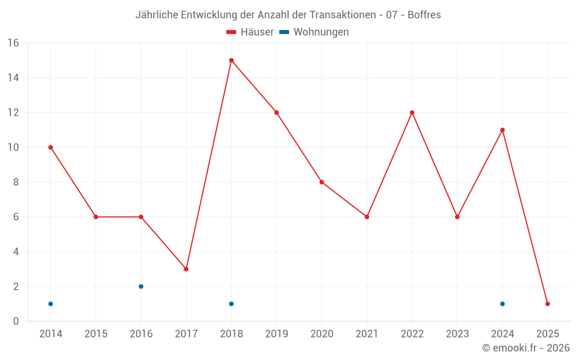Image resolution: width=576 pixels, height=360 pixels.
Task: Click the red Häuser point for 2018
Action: pos(231,60)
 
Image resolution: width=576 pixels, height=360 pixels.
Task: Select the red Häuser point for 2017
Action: pos(186,269)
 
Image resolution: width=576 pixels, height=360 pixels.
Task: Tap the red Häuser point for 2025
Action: pos(547,304)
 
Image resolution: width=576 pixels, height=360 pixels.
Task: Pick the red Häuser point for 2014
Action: pos(51,147)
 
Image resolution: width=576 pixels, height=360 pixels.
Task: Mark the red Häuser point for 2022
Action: pos(412,112)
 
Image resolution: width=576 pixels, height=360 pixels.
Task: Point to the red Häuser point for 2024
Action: pos(502,130)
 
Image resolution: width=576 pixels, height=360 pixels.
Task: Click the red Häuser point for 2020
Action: pos(321,182)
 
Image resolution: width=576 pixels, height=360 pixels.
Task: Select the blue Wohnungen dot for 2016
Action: pos(141,286)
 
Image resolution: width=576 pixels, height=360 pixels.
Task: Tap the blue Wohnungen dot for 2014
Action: pos(51,304)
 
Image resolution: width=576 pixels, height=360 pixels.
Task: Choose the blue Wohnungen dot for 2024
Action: pos(502,304)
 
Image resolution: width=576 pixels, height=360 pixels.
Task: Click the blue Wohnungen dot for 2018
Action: pos(231,304)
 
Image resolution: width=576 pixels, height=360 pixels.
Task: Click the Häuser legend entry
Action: pos(250,32)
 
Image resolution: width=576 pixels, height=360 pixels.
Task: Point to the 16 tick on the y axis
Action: pos(13,43)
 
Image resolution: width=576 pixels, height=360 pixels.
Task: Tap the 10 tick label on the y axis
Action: pos(13,147)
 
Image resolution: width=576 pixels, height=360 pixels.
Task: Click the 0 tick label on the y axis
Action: pos(16,321)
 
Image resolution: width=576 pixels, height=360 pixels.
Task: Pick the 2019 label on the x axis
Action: pos(276,334)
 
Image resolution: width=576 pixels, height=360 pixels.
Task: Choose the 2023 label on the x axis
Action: pos(457,334)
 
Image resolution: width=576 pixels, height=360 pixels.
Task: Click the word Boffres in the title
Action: pos(424,15)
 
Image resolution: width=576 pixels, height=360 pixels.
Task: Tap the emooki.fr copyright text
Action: pos(526,348)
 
